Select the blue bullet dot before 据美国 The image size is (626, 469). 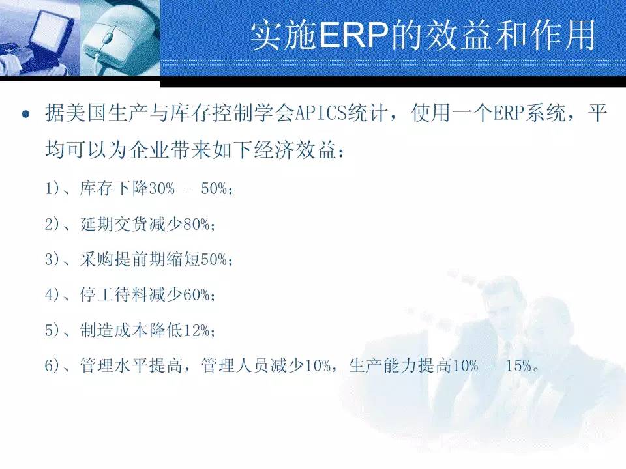pyautogui.click(x=26, y=115)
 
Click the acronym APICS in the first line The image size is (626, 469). pyautogui.click(x=321, y=113)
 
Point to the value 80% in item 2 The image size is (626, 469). pyautogui.click(x=196, y=225)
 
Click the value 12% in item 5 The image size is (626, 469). pyautogui.click(x=196, y=331)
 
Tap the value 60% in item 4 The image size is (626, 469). pyautogui.click(x=196, y=295)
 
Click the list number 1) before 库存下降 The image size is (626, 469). pyautogui.click(x=52, y=188)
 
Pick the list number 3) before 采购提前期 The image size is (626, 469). pyautogui.click(x=52, y=260)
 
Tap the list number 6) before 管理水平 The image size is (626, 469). pyautogui.click(x=52, y=365)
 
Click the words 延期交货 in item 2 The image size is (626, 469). pyautogui.click(x=113, y=225)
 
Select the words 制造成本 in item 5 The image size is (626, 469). pyautogui.click(x=113, y=331)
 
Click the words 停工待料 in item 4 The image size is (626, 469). pyautogui.click(x=113, y=295)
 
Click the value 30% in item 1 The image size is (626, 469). pyautogui.click(x=162, y=189)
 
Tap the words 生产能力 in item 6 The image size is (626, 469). pyautogui.click(x=383, y=365)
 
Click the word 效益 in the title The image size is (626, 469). pyautogui.click(x=458, y=35)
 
